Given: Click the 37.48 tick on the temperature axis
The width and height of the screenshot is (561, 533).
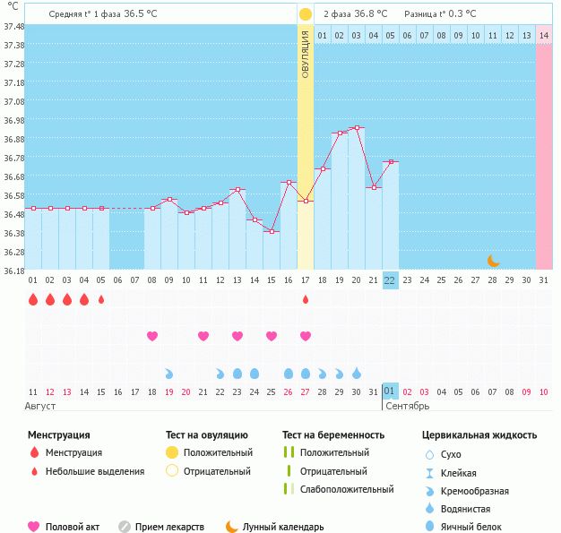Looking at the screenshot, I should tap(13, 26).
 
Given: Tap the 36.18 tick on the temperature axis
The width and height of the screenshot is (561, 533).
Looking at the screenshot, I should tap(13, 271).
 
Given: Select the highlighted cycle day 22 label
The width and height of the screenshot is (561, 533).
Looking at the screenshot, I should tap(390, 280).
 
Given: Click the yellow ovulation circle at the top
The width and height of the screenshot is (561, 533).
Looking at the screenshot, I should tap(305, 14).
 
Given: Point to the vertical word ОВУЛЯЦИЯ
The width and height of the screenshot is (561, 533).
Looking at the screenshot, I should tap(305, 54).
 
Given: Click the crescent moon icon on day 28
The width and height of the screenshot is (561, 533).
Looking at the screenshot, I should tap(493, 261).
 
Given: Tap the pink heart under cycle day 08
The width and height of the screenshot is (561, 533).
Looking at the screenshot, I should tap(151, 336).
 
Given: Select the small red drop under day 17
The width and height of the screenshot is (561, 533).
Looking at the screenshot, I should tap(305, 299).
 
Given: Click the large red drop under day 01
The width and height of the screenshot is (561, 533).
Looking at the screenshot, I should tap(32, 299).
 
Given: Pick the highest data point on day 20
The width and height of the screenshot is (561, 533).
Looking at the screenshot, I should tap(356, 128).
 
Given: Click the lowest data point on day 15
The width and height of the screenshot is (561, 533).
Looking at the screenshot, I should tap(271, 231).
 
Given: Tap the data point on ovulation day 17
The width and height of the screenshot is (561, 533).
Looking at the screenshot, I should tap(305, 202).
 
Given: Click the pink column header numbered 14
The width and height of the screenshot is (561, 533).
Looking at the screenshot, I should tap(544, 36).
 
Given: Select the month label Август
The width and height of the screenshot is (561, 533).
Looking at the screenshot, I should tap(41, 406).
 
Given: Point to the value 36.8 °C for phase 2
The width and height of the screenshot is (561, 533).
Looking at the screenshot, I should tap(367, 14).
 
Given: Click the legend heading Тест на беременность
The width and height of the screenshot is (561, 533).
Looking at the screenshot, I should tap(333, 435).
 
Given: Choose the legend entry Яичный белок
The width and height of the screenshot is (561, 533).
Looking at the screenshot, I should tap(478, 527).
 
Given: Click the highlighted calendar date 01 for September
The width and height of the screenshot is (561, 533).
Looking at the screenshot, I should tap(390, 391).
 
